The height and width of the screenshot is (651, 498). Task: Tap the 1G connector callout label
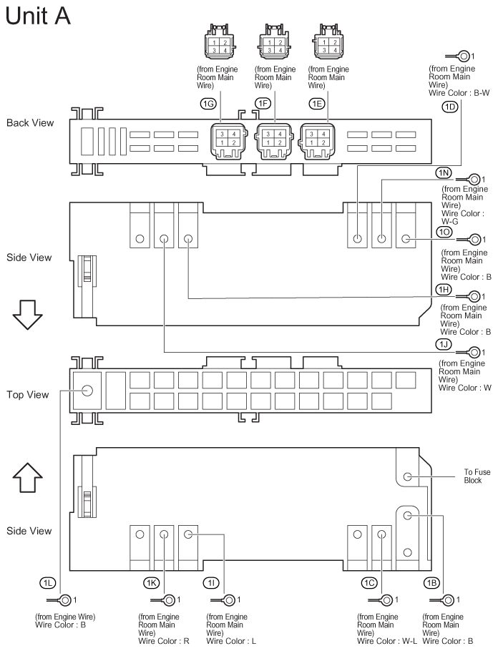point(209,104)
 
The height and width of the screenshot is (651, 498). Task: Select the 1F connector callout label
point(263,104)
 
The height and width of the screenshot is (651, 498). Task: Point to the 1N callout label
point(444,173)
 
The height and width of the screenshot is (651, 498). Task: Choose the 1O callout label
point(444,232)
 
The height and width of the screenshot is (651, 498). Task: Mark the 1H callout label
point(444,288)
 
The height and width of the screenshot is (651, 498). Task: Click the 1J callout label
point(444,344)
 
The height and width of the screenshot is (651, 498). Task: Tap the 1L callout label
point(48,583)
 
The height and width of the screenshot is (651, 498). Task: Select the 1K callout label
point(151,583)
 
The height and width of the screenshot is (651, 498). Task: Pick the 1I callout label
point(212,583)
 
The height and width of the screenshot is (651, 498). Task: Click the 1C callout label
point(369,583)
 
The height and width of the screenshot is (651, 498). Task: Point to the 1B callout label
point(431,583)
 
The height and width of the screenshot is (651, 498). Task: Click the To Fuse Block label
point(477,476)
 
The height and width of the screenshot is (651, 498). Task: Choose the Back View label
point(30,123)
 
